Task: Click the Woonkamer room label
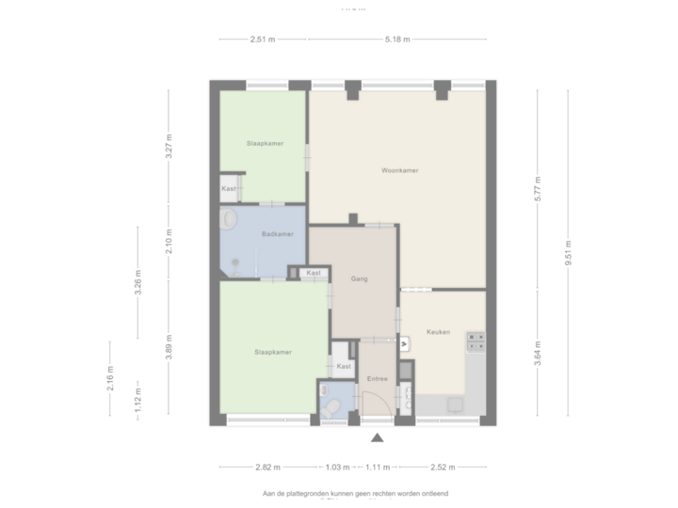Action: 399,171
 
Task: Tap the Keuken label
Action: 438,332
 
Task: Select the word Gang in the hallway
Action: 358,279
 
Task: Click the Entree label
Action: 377,378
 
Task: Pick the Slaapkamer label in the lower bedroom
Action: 272,352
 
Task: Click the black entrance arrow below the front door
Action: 378,438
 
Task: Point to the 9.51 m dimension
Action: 567,254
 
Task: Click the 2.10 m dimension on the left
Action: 169,242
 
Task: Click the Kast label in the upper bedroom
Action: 229,189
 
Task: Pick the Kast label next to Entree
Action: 344,366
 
